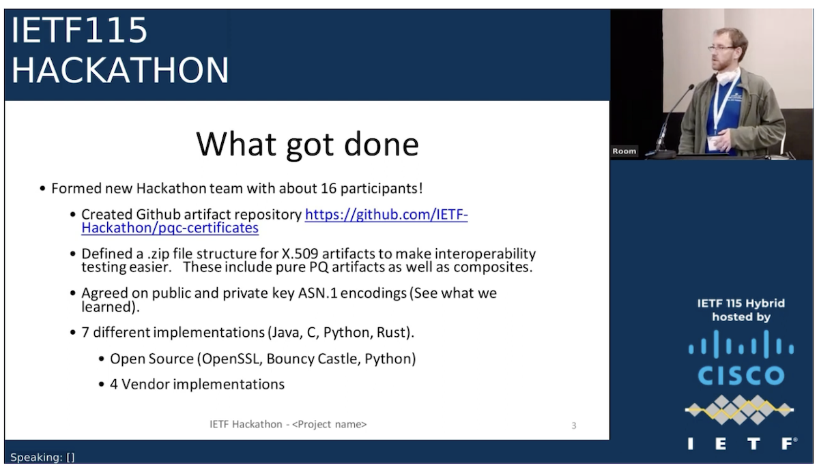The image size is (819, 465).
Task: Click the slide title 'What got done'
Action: [307, 144]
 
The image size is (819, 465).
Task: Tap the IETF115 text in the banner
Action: [79, 31]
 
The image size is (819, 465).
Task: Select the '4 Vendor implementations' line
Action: [197, 384]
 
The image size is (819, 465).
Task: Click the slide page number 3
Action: [573, 425]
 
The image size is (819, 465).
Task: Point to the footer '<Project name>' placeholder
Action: [330, 424]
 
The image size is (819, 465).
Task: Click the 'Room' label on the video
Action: [624, 151]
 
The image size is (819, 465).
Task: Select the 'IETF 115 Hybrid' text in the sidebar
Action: [741, 303]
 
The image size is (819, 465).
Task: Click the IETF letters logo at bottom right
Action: [741, 444]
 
